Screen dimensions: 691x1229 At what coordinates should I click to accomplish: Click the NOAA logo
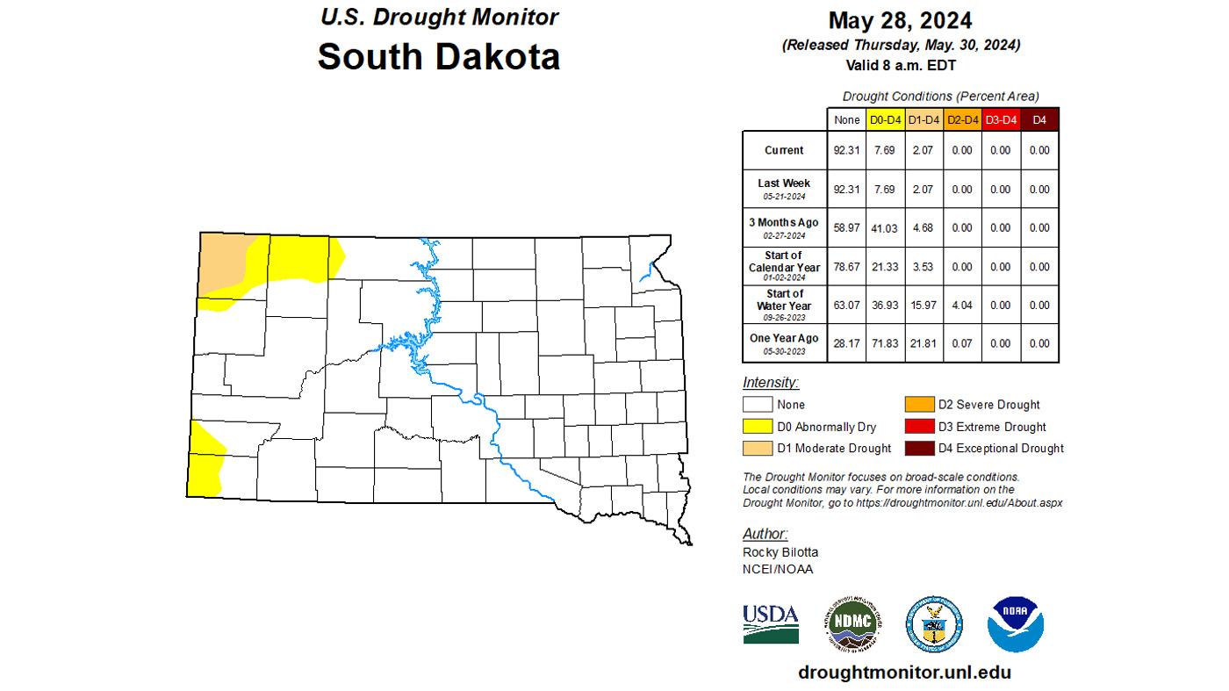[1015, 624]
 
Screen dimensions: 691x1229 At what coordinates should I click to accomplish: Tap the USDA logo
[771, 623]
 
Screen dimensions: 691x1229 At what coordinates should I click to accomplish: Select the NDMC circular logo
[853, 623]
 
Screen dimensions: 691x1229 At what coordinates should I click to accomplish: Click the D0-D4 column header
[885, 119]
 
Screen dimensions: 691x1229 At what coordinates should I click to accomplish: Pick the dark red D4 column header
[1039, 119]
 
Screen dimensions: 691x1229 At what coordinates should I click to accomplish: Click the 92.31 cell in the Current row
[846, 150]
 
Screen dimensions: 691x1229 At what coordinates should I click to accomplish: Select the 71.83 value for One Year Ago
[885, 343]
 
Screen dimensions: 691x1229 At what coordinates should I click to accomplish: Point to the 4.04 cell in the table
[962, 305]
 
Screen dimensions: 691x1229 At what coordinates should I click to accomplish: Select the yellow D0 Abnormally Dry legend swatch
[758, 427]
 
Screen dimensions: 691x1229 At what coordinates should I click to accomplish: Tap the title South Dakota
[438, 56]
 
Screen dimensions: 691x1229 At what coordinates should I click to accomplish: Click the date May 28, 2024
[900, 20]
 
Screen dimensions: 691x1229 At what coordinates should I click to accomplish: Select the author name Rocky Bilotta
[780, 552]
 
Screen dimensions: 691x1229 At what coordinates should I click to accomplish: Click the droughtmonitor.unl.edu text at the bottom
[904, 673]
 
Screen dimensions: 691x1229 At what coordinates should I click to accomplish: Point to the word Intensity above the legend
[770, 383]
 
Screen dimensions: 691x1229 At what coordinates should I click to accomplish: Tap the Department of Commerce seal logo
[934, 624]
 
